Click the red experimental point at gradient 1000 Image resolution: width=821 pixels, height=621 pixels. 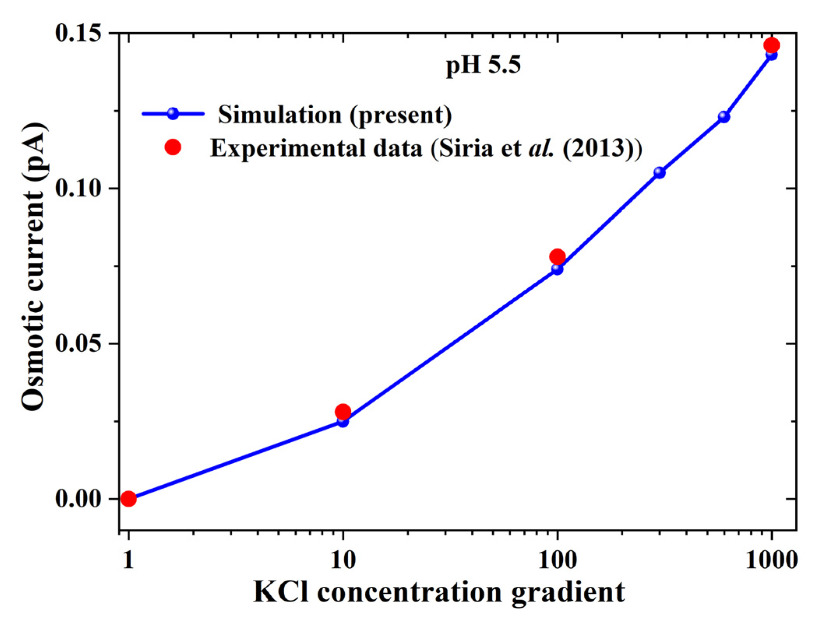[771, 46]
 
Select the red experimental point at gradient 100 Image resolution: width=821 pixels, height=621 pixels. [557, 257]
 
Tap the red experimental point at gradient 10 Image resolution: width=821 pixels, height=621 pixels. [343, 412]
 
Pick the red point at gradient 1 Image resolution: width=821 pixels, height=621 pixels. [129, 499]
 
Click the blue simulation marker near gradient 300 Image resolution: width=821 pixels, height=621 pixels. [659, 172]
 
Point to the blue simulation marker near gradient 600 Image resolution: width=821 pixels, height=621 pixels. [724, 117]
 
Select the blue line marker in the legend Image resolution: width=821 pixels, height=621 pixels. [173, 114]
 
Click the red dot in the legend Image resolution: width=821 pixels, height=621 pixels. [173, 147]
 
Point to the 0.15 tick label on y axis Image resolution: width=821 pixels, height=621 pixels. [78, 33]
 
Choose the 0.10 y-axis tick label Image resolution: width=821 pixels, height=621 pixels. [78, 188]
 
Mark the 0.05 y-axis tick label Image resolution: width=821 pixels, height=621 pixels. [78, 343]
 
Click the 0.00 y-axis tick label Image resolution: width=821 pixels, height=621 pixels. [78, 499]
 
